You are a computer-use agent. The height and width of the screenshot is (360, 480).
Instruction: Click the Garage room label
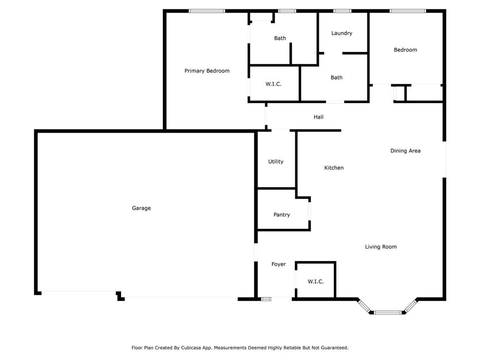click(141, 208)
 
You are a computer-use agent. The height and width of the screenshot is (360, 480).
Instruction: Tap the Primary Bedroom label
click(207, 71)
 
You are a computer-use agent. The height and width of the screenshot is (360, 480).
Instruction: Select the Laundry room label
click(342, 33)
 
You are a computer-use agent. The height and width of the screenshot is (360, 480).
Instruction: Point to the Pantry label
click(282, 215)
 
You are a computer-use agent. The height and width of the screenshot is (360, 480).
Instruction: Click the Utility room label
click(276, 162)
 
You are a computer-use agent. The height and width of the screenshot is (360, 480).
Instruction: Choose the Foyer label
click(278, 264)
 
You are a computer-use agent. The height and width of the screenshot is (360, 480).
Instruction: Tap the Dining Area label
click(405, 151)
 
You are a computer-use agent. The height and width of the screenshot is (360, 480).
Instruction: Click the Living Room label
click(381, 247)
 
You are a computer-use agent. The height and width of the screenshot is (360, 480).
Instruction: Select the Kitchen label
click(334, 168)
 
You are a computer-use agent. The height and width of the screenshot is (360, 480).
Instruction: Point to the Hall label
click(318, 117)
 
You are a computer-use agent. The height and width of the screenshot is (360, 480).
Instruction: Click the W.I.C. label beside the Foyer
click(315, 282)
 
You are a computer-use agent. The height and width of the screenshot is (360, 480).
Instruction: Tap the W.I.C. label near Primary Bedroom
click(273, 84)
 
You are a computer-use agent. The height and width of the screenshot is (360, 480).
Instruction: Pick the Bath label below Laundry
click(337, 78)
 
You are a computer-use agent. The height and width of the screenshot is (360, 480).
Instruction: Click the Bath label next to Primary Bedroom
click(280, 38)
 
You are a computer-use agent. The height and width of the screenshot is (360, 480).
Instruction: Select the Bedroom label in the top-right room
click(405, 50)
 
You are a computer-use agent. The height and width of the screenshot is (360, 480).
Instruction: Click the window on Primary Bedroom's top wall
click(207, 11)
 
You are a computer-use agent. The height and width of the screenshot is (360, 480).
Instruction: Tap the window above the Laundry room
click(342, 11)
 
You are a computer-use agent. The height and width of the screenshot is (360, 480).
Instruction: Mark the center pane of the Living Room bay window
click(388, 312)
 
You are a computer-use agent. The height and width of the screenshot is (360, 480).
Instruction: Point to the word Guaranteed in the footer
click(332, 348)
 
